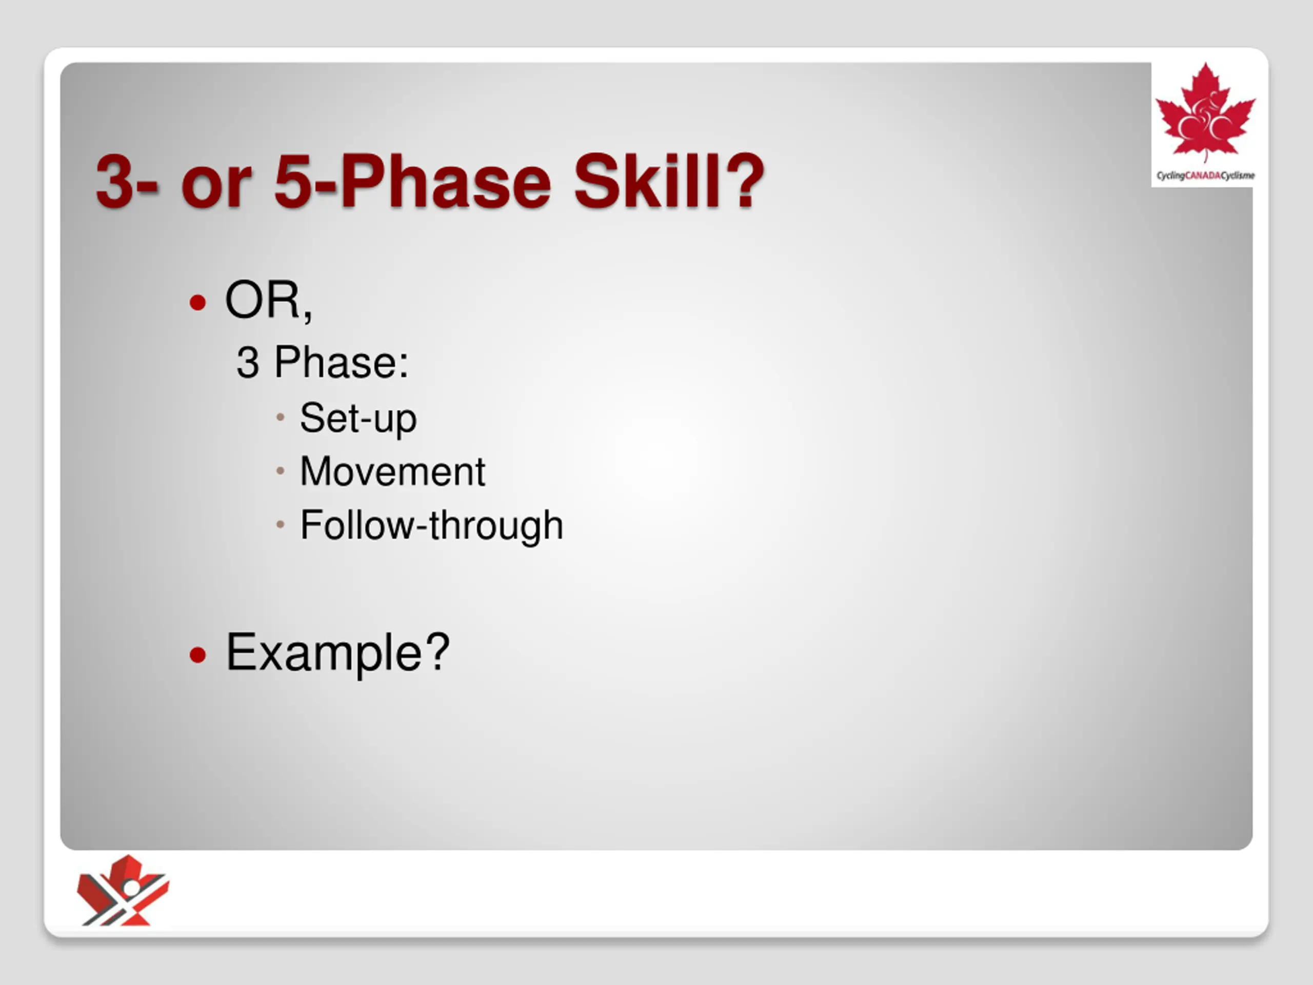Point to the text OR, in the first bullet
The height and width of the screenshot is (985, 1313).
point(268,301)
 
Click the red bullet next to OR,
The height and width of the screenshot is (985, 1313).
point(197,303)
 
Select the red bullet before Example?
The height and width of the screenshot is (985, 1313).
point(197,655)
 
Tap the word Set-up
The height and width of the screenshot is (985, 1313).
point(359,419)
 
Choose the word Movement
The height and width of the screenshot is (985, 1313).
point(393,472)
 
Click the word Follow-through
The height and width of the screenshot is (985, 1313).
point(431,525)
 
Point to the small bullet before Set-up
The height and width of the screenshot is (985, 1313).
point(281,418)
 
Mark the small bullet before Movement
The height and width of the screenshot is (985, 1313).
point(281,471)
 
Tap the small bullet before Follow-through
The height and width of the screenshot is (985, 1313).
point(281,524)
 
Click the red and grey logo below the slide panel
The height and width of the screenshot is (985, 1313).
point(124,890)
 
